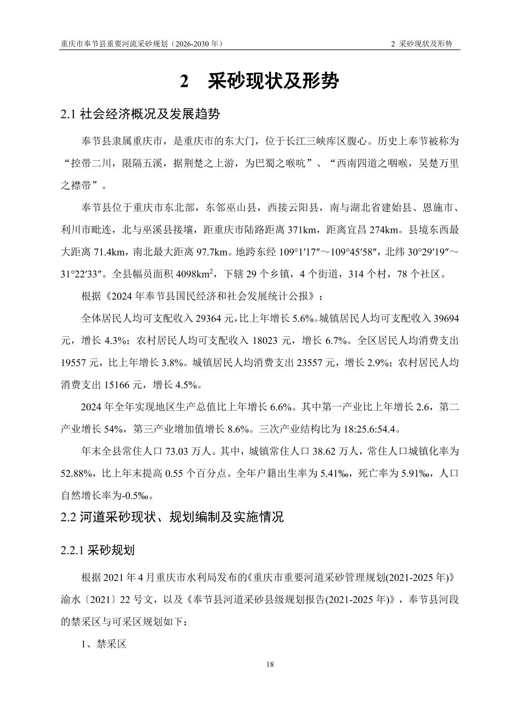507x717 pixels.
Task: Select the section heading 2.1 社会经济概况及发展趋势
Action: (140, 114)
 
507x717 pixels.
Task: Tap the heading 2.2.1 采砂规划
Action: (98, 550)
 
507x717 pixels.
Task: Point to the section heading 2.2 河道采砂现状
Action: (172, 517)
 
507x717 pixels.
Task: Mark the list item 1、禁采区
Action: (104, 643)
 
